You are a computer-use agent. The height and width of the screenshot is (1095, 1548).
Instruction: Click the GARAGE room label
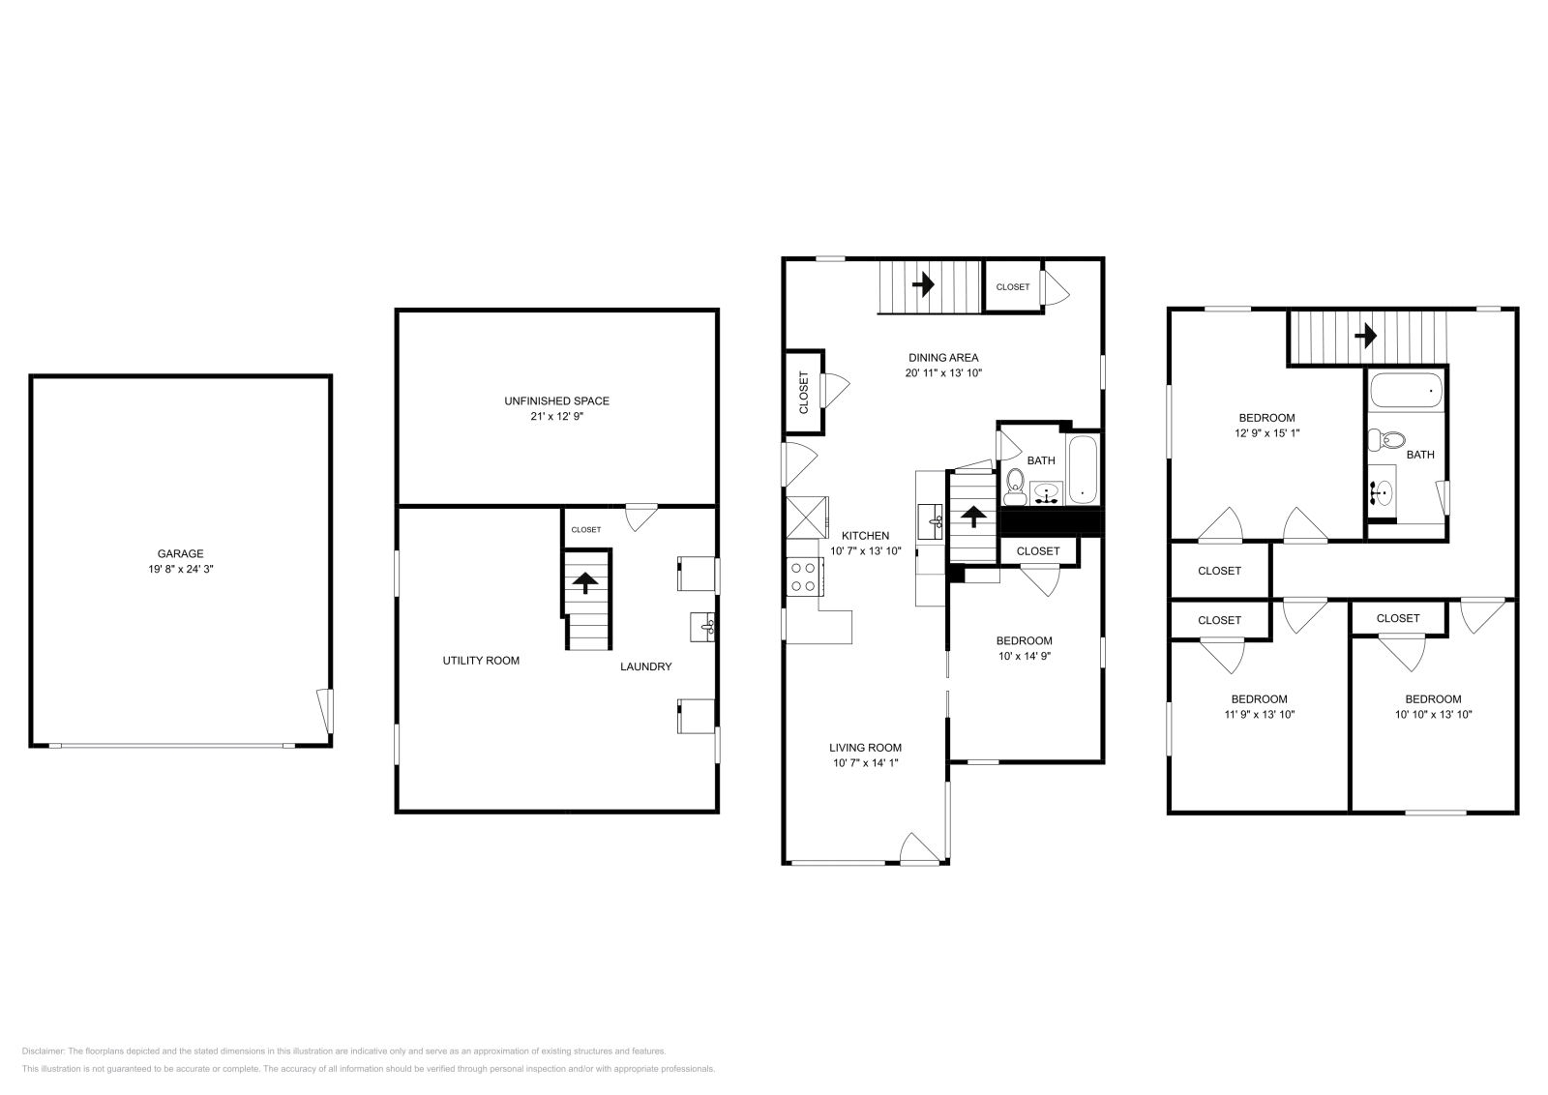181,554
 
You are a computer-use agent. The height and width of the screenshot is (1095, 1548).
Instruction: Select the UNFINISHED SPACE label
556,400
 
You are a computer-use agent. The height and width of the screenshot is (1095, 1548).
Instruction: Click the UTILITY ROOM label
481,661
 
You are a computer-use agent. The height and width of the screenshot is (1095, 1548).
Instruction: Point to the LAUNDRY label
645,666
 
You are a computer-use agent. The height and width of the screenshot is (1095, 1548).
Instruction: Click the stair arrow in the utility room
585,580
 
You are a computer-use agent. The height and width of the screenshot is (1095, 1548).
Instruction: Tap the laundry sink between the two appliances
704,626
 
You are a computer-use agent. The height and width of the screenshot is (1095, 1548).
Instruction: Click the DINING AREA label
942,357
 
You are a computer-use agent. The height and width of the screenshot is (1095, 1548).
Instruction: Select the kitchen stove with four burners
804,577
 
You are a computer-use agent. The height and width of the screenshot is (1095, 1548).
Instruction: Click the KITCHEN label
865,536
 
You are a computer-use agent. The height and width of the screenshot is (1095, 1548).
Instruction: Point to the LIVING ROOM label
865,748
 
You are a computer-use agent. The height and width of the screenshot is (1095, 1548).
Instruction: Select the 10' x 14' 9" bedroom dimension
1025,656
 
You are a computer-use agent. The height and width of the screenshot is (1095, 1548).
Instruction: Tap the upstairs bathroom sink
1382,492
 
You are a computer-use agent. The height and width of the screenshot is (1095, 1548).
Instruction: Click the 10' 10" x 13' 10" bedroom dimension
1433,715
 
